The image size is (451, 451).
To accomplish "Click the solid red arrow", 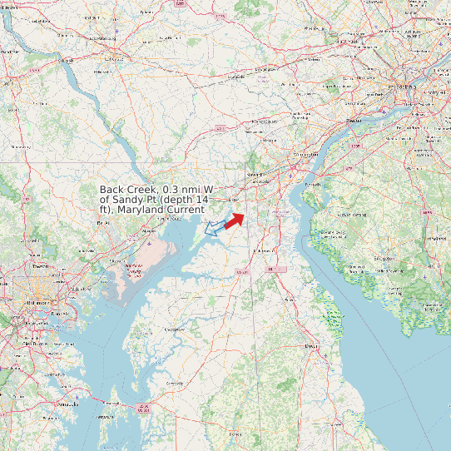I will (235, 219).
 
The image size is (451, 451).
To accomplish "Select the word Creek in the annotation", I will (144, 190).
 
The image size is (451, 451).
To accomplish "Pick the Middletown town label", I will (265, 250).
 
